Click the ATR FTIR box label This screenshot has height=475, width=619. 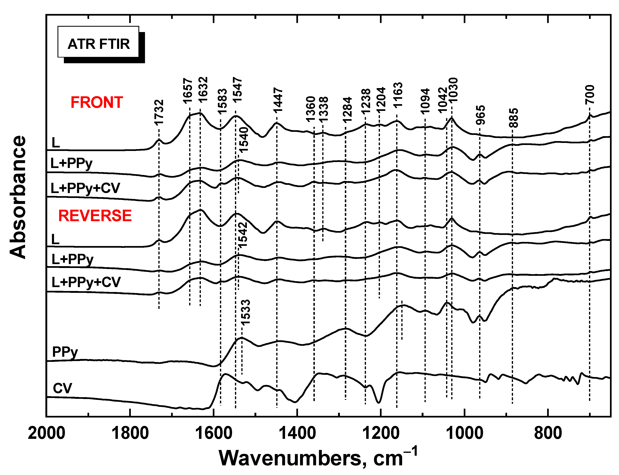coord(98,44)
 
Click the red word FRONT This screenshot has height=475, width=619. coord(97,102)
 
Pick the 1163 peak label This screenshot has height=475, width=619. coord(398,95)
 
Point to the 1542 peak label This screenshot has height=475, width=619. coord(242,235)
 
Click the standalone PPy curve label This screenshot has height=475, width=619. coord(65,352)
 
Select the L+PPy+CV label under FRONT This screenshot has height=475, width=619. coord(85,188)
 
